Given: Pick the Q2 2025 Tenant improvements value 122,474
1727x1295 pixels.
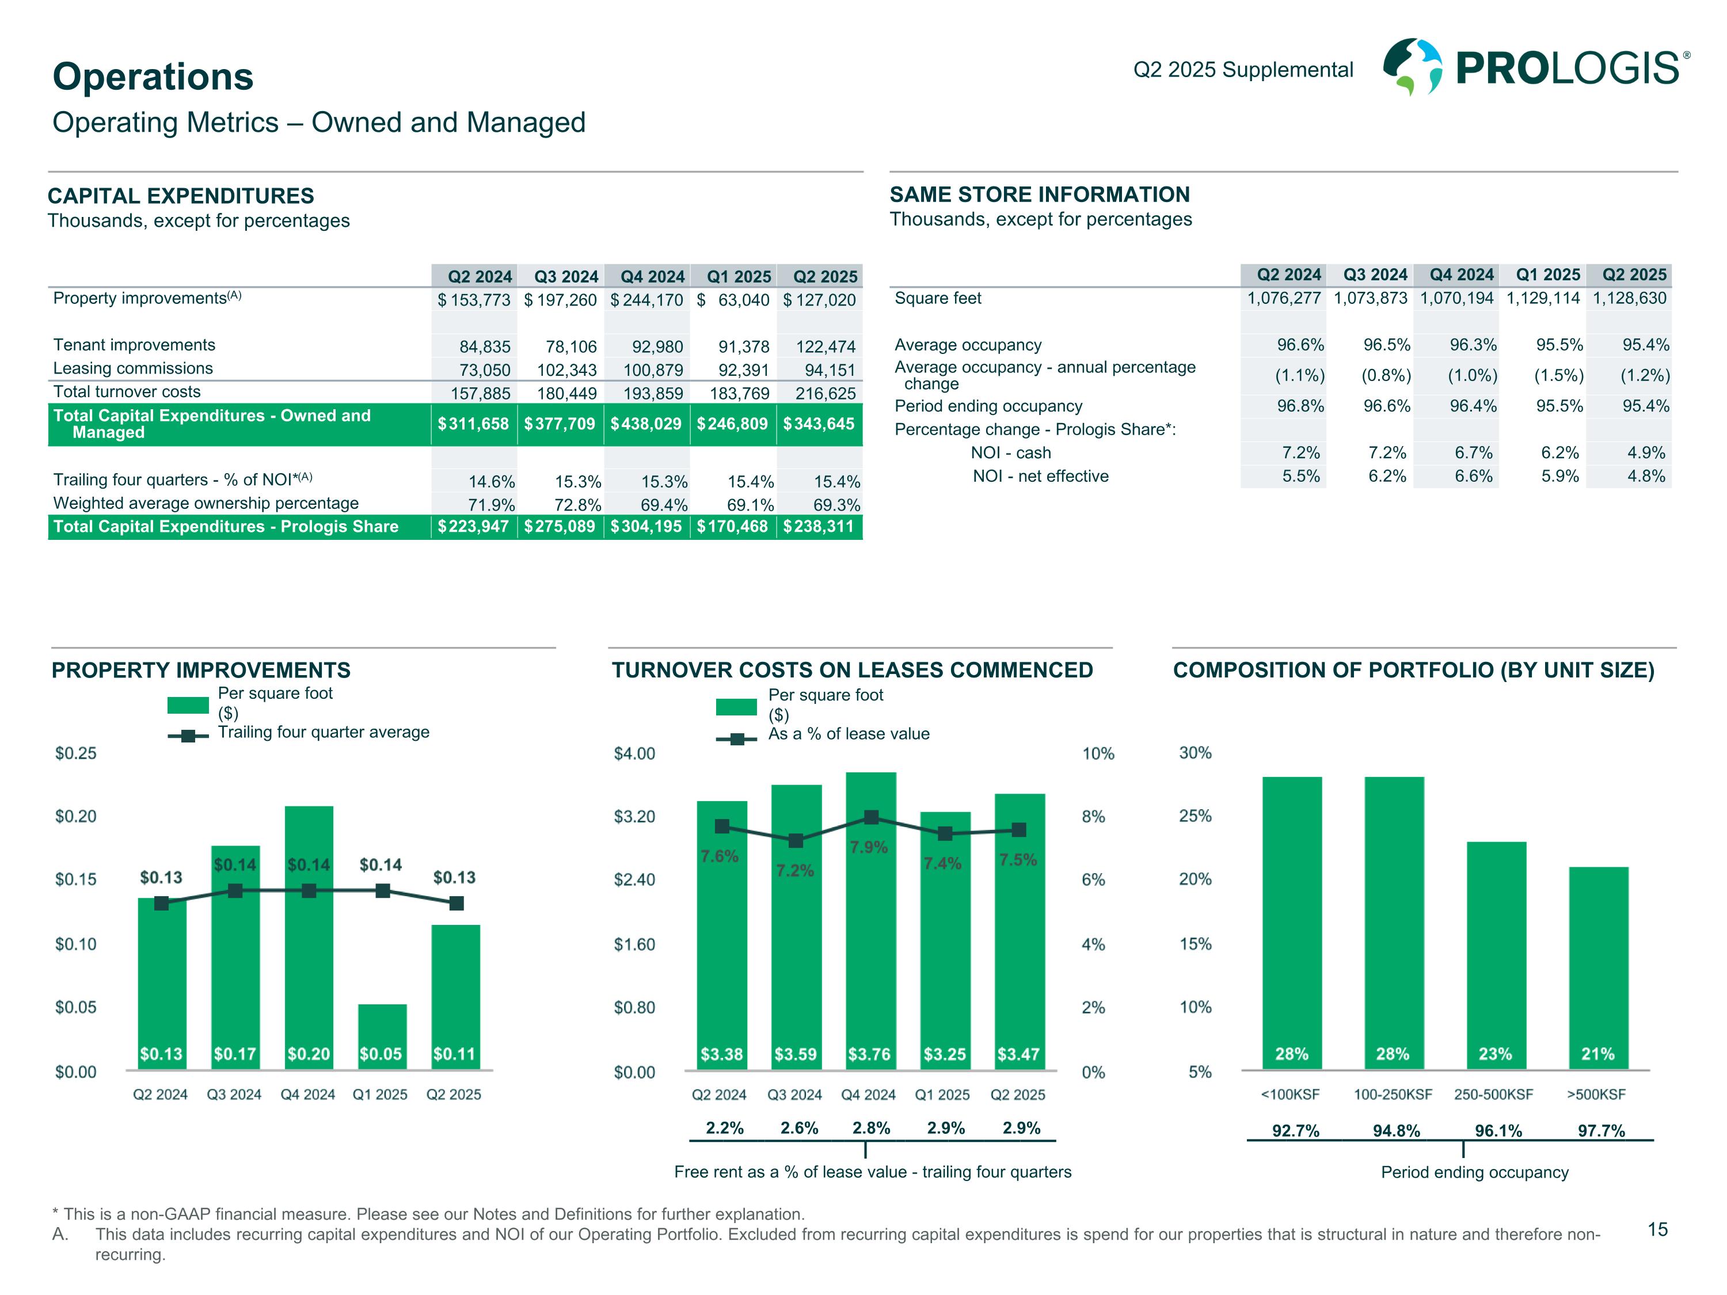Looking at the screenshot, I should point(826,346).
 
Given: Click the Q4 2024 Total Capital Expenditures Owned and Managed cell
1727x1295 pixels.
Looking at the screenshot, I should point(646,424).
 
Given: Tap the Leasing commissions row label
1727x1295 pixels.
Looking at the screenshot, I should point(133,368).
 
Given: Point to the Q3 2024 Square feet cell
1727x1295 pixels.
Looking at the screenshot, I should point(1370,298).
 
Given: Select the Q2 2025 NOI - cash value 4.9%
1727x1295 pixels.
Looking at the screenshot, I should point(1646,453).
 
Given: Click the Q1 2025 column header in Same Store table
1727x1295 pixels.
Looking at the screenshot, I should point(1547,275).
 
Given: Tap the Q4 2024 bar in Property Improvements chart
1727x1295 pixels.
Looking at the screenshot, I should point(309,936).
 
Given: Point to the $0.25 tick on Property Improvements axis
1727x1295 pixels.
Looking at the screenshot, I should point(76,753).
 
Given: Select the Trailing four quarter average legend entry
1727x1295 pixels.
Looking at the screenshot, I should point(322,732).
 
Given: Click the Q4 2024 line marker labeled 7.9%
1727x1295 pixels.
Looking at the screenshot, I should point(872,817).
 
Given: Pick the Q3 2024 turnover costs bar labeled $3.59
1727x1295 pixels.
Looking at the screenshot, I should point(796,936).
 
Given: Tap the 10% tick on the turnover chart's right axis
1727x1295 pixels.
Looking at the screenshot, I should point(1098,754).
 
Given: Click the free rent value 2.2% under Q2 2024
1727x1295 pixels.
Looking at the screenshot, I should point(725,1128).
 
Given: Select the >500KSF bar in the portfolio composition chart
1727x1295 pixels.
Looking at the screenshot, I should point(1598,968).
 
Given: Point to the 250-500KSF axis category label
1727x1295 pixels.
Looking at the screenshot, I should point(1493,1094).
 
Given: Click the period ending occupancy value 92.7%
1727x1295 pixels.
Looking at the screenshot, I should point(1295,1130).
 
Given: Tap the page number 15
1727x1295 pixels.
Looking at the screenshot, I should point(1657,1229).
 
